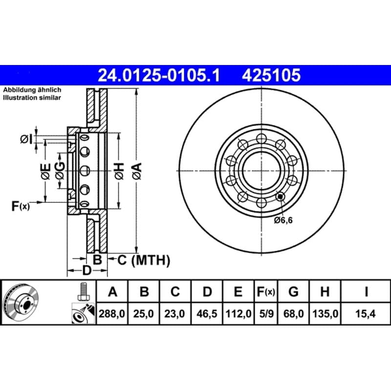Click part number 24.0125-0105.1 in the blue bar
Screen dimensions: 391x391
tap(159, 75)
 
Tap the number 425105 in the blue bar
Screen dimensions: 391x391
tap(271, 75)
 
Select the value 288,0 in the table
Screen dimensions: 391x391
tap(112, 314)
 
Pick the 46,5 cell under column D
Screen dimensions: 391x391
tap(207, 314)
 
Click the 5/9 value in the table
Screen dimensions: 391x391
tap(266, 314)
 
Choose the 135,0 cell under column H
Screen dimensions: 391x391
tap(325, 314)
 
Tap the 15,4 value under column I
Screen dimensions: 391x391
tap(365, 314)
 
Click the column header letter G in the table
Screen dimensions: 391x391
tap(293, 291)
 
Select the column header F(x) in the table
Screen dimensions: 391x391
tap(266, 291)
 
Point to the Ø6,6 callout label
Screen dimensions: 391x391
tap(283, 220)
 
